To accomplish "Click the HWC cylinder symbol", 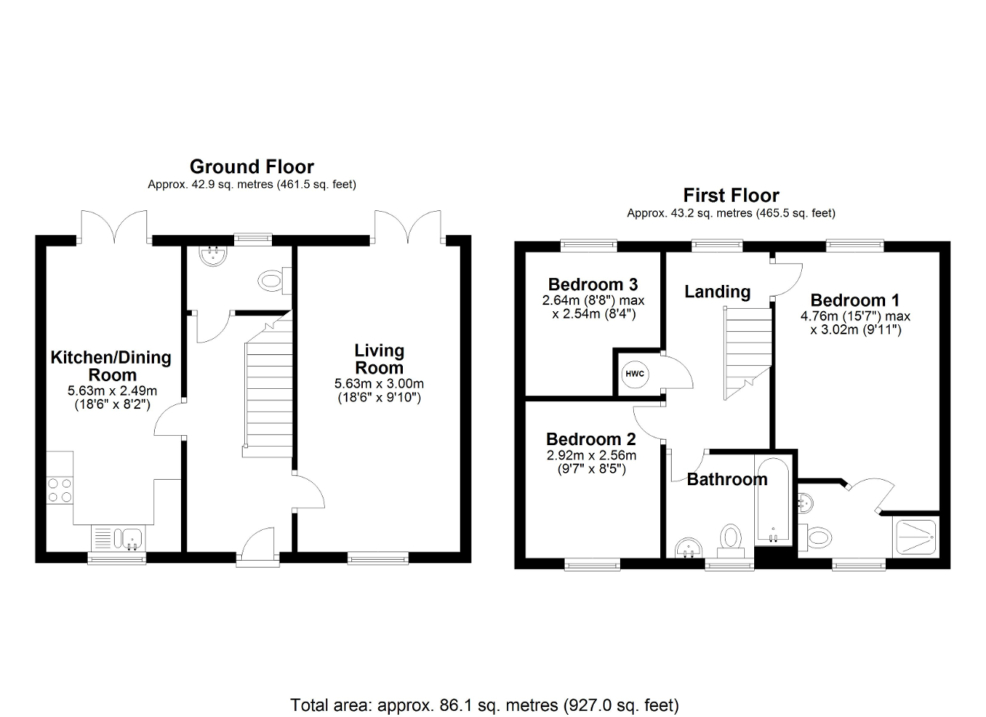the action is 635,374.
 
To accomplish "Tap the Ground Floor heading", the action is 252,167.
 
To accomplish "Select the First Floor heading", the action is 731,196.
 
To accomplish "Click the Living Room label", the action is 379,359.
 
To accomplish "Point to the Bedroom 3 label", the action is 593,284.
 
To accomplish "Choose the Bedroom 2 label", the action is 591,439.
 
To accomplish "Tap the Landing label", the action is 717,291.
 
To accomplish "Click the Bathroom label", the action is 727,479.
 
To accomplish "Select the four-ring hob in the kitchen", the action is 60,491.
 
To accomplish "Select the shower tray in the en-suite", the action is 916,537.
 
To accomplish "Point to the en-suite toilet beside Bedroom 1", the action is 815,538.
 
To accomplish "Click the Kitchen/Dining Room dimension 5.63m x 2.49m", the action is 112,390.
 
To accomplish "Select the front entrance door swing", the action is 257,543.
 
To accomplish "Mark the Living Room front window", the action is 378,559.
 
